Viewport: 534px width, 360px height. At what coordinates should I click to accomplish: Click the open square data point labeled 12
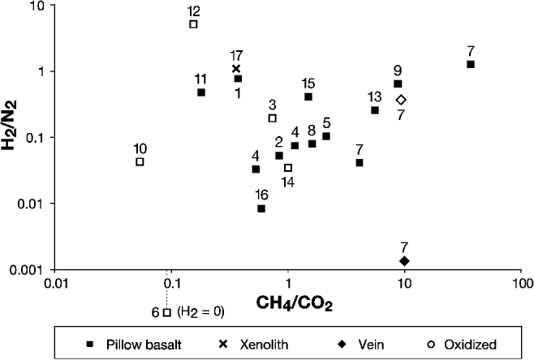(193, 24)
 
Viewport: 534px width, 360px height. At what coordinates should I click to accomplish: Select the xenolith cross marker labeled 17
(236, 69)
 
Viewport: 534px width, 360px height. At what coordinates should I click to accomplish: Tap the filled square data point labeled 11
(200, 92)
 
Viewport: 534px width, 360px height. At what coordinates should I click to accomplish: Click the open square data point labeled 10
(140, 162)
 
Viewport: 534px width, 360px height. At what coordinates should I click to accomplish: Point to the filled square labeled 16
(261, 208)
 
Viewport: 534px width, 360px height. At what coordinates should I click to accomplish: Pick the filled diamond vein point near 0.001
(404, 260)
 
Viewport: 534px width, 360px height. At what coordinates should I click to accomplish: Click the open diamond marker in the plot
(401, 100)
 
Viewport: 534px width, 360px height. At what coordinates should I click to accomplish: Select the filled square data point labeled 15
(308, 96)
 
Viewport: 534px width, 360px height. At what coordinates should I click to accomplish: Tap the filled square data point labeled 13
(375, 110)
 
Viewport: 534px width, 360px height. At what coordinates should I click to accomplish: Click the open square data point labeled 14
(288, 168)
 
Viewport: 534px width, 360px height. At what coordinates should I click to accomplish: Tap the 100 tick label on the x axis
(522, 285)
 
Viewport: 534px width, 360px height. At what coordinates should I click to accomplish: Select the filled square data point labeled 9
(398, 84)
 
